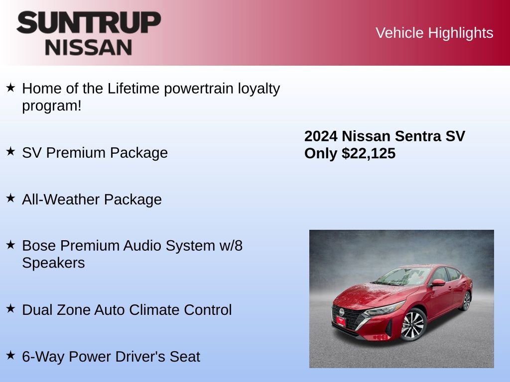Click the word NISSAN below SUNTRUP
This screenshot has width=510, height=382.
click(x=89, y=47)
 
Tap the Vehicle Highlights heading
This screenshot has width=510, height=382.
click(x=434, y=33)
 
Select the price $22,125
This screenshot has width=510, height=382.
click(x=369, y=154)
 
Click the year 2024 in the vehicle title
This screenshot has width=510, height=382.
click(x=321, y=136)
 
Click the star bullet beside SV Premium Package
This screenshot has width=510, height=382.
click(x=10, y=152)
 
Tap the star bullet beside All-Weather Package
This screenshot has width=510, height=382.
click(x=10, y=198)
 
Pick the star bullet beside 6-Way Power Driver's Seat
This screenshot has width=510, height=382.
click(x=10, y=356)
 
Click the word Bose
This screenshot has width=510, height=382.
click(x=38, y=246)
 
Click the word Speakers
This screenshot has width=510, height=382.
click(x=53, y=263)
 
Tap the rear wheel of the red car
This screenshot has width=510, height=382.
click(x=467, y=300)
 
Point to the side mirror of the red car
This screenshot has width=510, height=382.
click(x=438, y=283)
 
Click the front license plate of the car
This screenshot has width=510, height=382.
click(x=341, y=322)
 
